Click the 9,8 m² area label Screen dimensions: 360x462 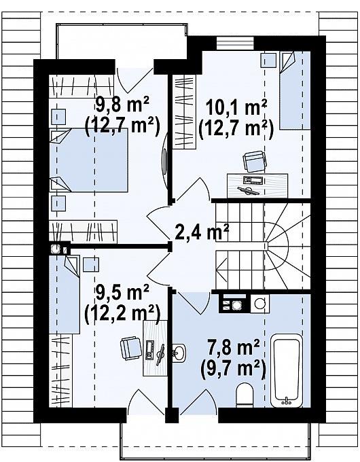point(122,106)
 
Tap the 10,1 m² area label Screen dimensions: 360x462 point(236,108)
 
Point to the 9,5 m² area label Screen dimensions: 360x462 point(122,294)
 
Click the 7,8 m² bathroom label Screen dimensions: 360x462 point(234,348)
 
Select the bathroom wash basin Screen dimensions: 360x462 point(179,353)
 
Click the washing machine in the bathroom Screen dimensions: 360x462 point(259,303)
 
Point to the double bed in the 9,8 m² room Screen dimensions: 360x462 point(89,160)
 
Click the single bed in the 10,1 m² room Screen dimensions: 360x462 point(295,90)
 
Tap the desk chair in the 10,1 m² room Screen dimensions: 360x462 point(255,161)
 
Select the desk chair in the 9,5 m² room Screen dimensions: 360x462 point(131,349)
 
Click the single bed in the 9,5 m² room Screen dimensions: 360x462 point(65,294)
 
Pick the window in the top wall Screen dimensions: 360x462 point(235,43)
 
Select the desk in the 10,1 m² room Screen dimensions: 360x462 point(257,185)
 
